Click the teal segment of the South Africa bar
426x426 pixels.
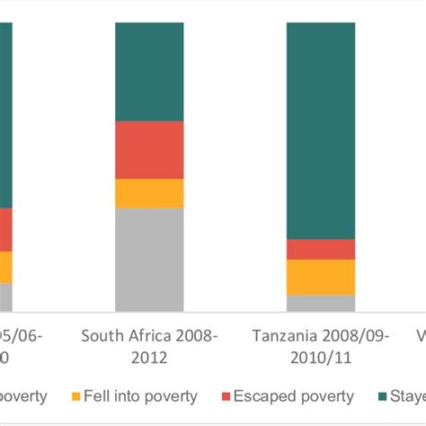[149, 71]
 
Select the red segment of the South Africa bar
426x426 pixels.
[149, 149]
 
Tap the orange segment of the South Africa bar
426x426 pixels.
[149, 193]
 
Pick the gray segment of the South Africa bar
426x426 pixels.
[149, 260]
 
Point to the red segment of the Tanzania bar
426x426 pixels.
[321, 249]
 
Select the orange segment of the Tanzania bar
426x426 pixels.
[321, 276]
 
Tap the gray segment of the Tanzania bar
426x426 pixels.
[321, 303]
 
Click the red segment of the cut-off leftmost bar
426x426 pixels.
[5, 229]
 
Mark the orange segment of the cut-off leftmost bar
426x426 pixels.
[5, 267]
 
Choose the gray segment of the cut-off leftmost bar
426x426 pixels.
[5, 297]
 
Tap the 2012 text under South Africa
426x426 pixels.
[150, 357]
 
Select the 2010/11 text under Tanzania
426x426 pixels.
[321, 357]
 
